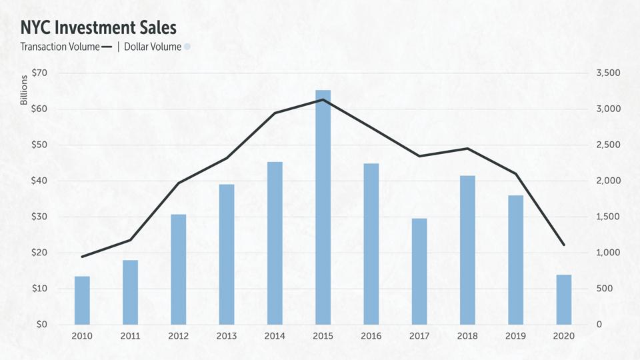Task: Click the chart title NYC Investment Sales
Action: [x=99, y=27]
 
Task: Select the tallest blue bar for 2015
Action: [x=323, y=207]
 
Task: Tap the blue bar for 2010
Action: [x=82, y=300]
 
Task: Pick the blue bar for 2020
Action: [x=563, y=299]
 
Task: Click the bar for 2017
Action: [x=419, y=271]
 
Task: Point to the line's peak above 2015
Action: [x=323, y=100]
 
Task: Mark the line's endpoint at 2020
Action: [x=563, y=245]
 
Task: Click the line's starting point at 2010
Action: [x=82, y=257]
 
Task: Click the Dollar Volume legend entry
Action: [x=153, y=47]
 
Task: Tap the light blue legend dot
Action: [x=187, y=47]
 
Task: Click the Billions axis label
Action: [x=23, y=91]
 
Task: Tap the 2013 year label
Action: [x=227, y=336]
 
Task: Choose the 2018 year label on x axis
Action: [x=467, y=336]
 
